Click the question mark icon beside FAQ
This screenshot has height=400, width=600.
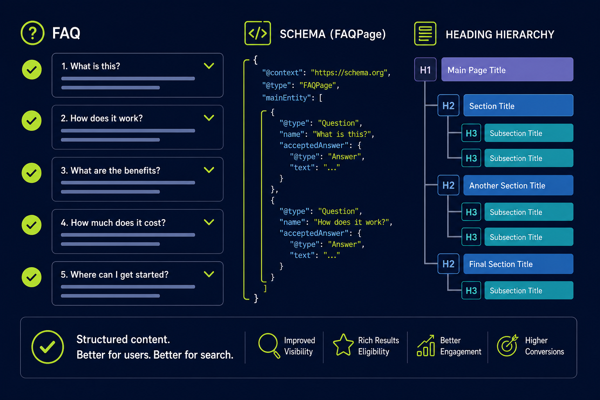tap(32, 33)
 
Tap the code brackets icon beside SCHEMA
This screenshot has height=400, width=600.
tap(258, 33)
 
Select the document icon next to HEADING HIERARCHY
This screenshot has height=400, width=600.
tap(425, 34)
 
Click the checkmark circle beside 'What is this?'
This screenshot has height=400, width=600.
tap(32, 70)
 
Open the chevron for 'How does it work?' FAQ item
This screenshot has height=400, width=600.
tap(209, 118)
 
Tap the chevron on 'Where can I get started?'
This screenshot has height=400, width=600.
tap(209, 274)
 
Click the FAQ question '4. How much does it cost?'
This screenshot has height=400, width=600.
tap(113, 223)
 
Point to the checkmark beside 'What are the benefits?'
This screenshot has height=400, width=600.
tap(32, 173)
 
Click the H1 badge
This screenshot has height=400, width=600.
tap(425, 70)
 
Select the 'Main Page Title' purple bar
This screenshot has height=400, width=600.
tap(507, 70)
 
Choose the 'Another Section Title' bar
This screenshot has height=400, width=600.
tap(518, 185)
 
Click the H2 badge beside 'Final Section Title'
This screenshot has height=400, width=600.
tap(448, 264)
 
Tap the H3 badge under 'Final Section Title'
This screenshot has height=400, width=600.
tap(471, 290)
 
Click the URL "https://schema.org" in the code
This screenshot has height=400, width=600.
tap(349, 73)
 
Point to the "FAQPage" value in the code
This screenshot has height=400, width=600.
tap(318, 86)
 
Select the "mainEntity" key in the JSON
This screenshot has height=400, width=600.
tap(286, 98)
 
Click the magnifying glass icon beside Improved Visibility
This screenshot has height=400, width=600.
tap(269, 346)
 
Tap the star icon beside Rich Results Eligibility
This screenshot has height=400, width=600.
tap(343, 345)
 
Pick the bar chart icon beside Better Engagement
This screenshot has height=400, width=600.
tap(426, 346)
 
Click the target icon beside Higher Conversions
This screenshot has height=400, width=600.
tap(507, 345)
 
